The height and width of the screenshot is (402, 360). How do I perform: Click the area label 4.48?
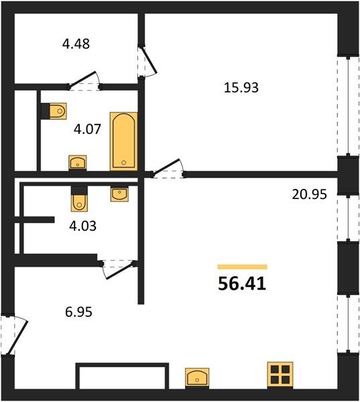tap(76, 44)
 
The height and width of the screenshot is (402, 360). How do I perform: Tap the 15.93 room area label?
tap(241, 87)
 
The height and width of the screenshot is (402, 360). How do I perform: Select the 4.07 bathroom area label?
tap(87, 129)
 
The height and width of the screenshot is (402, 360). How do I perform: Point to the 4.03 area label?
tap(83, 226)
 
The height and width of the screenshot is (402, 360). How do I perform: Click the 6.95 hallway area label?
tap(78, 312)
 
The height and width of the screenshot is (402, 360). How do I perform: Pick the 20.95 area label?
tap(310, 194)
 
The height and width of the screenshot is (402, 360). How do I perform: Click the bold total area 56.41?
tap(242, 284)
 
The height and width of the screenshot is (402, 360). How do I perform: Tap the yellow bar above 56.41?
tap(242, 267)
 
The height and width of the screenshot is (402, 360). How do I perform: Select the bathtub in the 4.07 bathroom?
tap(123, 141)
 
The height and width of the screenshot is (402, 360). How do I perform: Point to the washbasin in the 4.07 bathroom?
tap(78, 163)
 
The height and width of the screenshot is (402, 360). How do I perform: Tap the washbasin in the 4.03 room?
tap(119, 194)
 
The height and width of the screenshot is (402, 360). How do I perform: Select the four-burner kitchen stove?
tap(280, 375)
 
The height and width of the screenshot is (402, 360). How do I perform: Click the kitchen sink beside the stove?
tap(197, 378)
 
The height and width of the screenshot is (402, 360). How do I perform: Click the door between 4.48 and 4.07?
tap(84, 81)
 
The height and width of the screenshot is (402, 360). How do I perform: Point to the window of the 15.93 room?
tap(348, 106)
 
